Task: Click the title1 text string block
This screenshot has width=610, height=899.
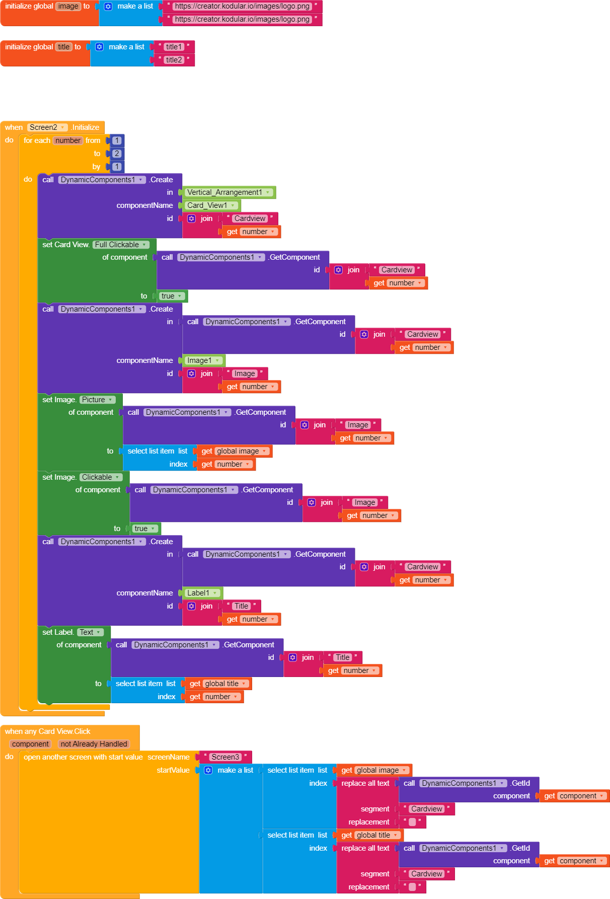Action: coord(174,47)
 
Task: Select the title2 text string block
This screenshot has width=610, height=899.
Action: coord(174,60)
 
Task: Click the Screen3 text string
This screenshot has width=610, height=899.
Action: coord(225,757)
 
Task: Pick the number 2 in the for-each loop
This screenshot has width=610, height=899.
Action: coord(117,154)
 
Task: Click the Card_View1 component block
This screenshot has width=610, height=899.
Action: coord(211,205)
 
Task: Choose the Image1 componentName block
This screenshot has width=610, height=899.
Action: coord(203,360)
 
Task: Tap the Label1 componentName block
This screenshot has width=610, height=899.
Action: coord(202,593)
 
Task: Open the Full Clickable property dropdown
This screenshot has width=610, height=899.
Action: coord(121,245)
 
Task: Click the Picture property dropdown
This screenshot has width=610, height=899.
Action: coord(97,400)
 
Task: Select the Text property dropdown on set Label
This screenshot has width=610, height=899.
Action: coord(90,632)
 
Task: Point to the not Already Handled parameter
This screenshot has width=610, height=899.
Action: coord(94,744)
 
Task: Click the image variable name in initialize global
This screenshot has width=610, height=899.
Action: coord(68,7)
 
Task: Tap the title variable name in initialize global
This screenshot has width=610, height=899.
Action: coord(64,47)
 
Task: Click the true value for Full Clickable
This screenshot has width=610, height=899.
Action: coord(172,296)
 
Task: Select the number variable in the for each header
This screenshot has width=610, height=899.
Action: coord(68,140)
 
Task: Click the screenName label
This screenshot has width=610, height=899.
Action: coord(169,757)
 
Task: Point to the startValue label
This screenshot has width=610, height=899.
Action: coord(173,770)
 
